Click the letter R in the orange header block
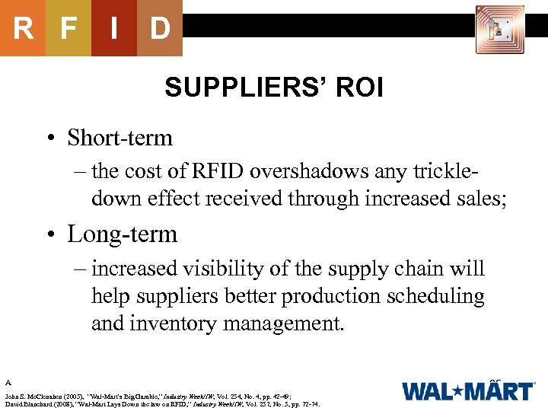point(23,28)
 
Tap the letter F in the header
point(68,28)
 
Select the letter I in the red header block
point(113,28)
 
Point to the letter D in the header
point(159,28)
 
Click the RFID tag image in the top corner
point(499,30)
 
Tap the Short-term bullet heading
point(119,138)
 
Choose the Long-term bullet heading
point(122,234)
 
